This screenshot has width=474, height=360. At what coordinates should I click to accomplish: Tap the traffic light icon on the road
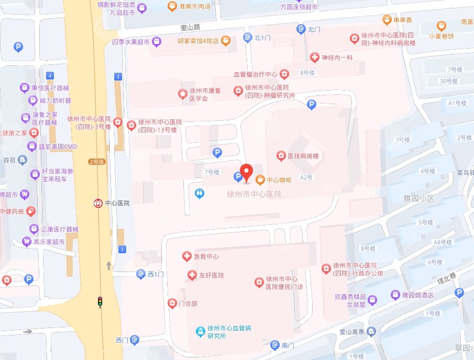click(x=100, y=301)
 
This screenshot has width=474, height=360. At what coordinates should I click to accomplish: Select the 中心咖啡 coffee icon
click(x=260, y=179)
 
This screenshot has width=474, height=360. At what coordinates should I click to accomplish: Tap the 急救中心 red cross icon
click(x=185, y=256)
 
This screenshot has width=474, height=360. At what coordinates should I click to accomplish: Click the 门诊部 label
click(x=188, y=303)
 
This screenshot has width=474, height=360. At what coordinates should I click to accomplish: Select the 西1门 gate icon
click(x=140, y=274)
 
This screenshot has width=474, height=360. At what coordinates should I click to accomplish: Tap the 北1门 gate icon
click(x=248, y=37)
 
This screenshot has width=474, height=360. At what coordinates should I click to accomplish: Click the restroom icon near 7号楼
click(x=199, y=194)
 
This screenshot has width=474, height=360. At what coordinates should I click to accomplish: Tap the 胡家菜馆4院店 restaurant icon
click(x=225, y=40)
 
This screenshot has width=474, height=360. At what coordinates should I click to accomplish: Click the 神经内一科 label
click(x=338, y=57)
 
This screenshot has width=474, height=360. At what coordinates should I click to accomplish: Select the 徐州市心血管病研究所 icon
click(x=199, y=331)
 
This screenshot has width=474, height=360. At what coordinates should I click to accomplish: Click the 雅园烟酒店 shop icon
click(x=396, y=296)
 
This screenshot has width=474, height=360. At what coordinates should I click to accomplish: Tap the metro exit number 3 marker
click(x=118, y=77)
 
